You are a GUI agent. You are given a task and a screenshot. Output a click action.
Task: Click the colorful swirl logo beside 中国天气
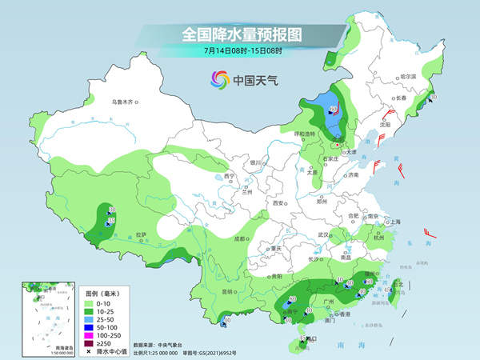click(x=219, y=79)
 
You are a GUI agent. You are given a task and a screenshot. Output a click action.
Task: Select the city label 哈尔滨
click(x=408, y=75)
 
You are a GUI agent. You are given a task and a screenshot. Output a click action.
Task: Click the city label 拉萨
click(x=141, y=234)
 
